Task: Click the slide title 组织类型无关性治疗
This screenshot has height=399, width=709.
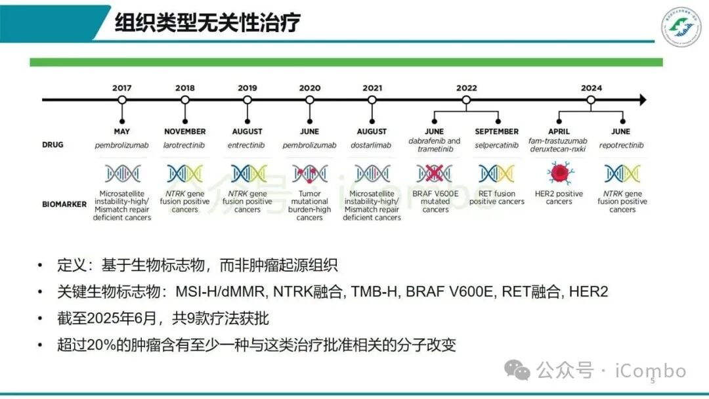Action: point(207,23)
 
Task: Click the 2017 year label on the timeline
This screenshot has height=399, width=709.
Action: point(121,88)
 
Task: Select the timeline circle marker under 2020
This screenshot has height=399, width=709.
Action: point(310,100)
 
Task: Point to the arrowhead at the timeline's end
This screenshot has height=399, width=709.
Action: point(642,100)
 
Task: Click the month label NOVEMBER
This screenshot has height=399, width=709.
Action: point(184,131)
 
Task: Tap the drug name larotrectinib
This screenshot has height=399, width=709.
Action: point(184,145)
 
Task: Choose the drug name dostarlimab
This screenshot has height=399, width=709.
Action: point(372,145)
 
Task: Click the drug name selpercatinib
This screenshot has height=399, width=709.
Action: point(496,145)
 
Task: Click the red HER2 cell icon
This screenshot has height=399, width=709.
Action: point(559,173)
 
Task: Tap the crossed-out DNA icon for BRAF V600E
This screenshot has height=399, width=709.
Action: point(435,173)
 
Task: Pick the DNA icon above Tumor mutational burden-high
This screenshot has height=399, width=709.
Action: point(310,173)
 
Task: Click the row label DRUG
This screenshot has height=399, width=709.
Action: point(53,144)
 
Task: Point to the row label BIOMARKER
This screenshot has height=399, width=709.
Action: point(64,204)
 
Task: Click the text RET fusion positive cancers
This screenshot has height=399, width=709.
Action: point(496,198)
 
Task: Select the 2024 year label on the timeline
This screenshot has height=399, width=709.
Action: point(591,88)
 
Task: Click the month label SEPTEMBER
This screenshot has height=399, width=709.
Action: point(496,131)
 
